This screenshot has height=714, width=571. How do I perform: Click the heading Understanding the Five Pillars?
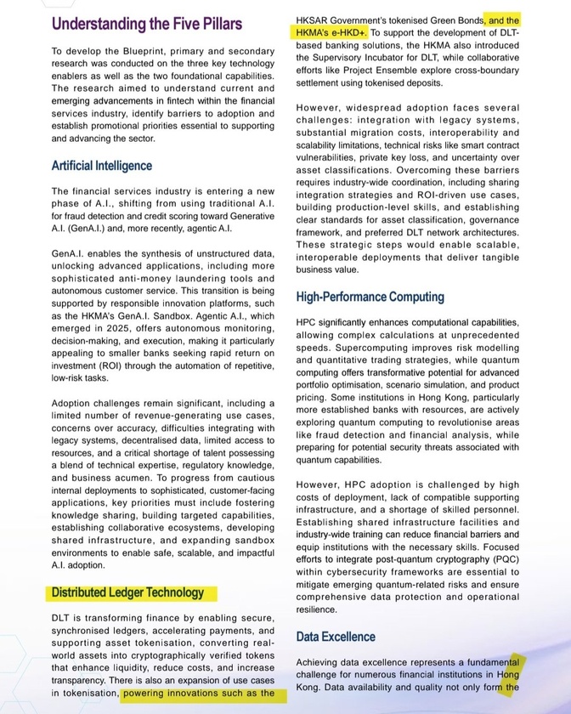146,23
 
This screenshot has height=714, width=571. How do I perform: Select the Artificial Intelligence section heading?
102,165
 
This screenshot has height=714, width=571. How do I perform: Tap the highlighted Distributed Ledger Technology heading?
127,592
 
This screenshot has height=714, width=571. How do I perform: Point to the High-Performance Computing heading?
370,297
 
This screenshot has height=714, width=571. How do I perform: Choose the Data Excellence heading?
336,636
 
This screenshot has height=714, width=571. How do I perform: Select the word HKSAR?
315,18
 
